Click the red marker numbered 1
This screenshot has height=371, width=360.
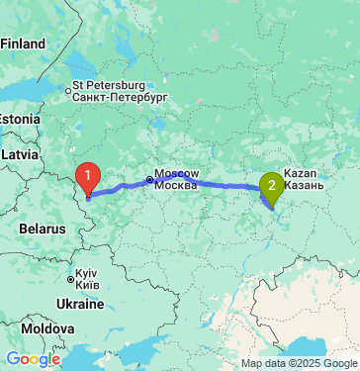88,179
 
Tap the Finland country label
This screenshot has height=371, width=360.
24,45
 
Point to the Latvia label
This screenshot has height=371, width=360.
20,155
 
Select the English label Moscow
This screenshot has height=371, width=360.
177,173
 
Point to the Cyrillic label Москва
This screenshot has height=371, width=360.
177,186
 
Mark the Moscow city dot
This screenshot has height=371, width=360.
149,179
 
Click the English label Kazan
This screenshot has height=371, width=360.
301,173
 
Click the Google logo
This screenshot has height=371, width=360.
33,359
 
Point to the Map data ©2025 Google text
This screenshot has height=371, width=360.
298,363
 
